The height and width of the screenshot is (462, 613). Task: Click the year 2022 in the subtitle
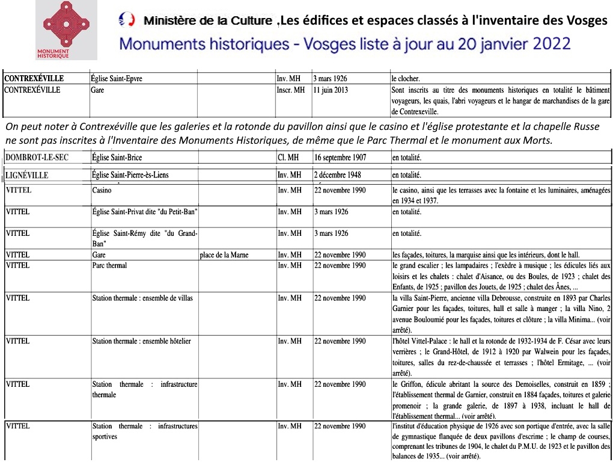point(551,44)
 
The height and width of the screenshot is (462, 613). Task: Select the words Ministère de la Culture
point(207,21)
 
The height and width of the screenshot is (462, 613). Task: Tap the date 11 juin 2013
point(334,90)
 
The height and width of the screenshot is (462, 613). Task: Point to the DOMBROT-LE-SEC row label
point(36,158)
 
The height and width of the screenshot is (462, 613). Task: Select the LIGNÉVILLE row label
point(27,176)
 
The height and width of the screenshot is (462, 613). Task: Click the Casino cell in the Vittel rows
point(102,190)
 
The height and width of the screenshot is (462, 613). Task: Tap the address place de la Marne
point(224,255)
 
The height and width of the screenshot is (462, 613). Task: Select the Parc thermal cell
point(109,265)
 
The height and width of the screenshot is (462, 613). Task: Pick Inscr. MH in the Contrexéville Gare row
point(291,90)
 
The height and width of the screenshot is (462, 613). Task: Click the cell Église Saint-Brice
point(117,158)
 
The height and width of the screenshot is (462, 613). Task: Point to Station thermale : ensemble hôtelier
point(141,341)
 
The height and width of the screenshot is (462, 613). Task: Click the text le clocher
point(405,79)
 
